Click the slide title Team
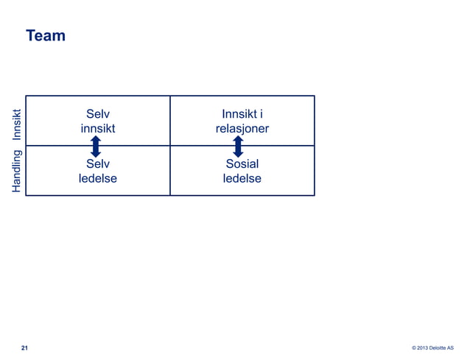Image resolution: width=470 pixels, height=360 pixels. click(46, 35)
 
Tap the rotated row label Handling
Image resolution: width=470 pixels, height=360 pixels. click(16, 172)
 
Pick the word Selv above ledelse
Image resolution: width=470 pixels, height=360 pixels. click(98, 163)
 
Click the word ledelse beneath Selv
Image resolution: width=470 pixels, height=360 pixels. click(98, 178)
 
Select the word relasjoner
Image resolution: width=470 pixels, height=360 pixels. click(242, 129)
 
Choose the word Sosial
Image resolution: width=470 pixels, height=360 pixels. click(242, 163)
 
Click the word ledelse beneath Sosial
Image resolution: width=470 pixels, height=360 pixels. click(242, 178)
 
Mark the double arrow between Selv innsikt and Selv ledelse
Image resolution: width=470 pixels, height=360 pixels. click(96, 146)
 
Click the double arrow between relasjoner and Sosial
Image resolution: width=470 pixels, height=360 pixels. click(238, 146)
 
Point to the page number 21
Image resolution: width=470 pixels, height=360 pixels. click(25, 347)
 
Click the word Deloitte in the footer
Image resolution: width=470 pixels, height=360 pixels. click(443, 348)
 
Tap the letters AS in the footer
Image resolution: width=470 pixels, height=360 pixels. click(459, 348)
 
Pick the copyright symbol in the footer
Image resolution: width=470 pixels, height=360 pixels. click(414, 348)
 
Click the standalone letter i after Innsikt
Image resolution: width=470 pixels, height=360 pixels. click(262, 114)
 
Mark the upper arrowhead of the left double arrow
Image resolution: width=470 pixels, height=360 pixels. click(96, 138)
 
